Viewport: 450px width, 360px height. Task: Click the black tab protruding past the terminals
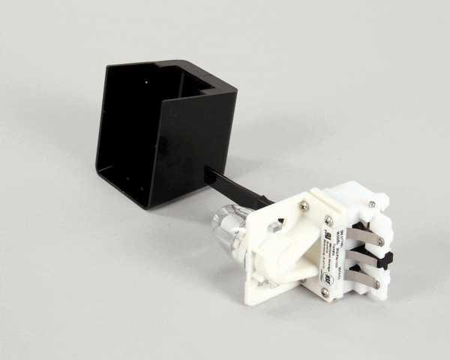(x=387, y=262)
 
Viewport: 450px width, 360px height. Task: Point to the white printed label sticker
(x=337, y=255)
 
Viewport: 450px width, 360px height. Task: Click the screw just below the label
(x=325, y=292)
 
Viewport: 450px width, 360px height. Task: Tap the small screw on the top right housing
(x=372, y=203)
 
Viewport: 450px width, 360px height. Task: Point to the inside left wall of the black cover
(x=131, y=120)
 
